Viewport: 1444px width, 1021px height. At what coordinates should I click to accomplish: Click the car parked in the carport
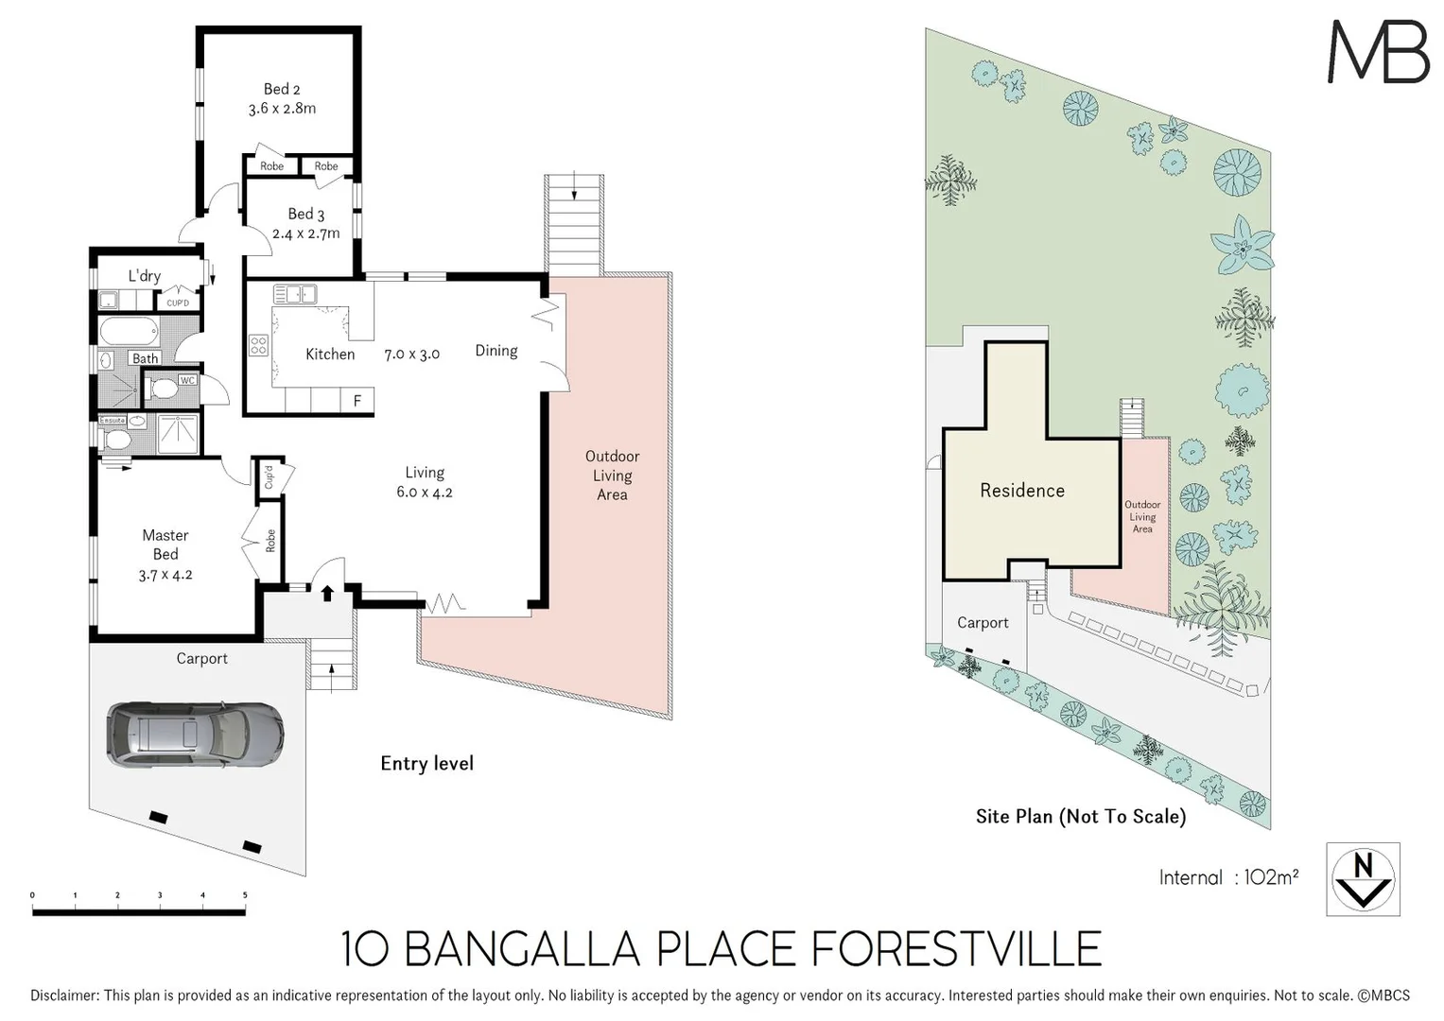tap(195, 734)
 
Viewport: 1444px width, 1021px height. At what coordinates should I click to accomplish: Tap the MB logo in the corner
tap(1378, 52)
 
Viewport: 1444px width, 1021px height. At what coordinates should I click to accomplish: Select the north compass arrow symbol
tap(1363, 879)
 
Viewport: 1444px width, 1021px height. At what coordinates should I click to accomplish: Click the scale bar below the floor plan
tap(139, 911)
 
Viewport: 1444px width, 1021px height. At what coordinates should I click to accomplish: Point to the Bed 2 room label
tap(282, 89)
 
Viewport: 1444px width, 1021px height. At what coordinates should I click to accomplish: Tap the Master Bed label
tap(165, 545)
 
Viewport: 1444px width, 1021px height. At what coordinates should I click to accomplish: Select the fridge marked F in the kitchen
tap(357, 401)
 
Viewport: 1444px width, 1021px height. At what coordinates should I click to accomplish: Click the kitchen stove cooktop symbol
tap(258, 346)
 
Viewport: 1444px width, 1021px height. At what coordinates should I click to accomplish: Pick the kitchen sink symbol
tap(294, 294)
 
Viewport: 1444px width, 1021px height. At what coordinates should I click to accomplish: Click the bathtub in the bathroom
tap(129, 332)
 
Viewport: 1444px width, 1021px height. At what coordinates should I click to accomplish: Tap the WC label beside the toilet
tap(187, 380)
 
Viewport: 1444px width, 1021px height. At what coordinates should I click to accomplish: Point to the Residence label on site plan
tap(1022, 491)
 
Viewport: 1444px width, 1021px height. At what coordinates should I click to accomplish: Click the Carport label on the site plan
tap(983, 623)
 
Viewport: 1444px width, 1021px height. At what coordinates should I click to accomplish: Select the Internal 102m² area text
tap(1227, 877)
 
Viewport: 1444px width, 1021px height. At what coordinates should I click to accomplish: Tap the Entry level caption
tap(426, 764)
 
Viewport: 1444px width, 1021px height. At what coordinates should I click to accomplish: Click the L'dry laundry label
tap(145, 276)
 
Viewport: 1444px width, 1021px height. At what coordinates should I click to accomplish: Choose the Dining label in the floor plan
tap(496, 351)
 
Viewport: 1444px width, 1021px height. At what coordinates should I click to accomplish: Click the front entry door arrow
tap(327, 594)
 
